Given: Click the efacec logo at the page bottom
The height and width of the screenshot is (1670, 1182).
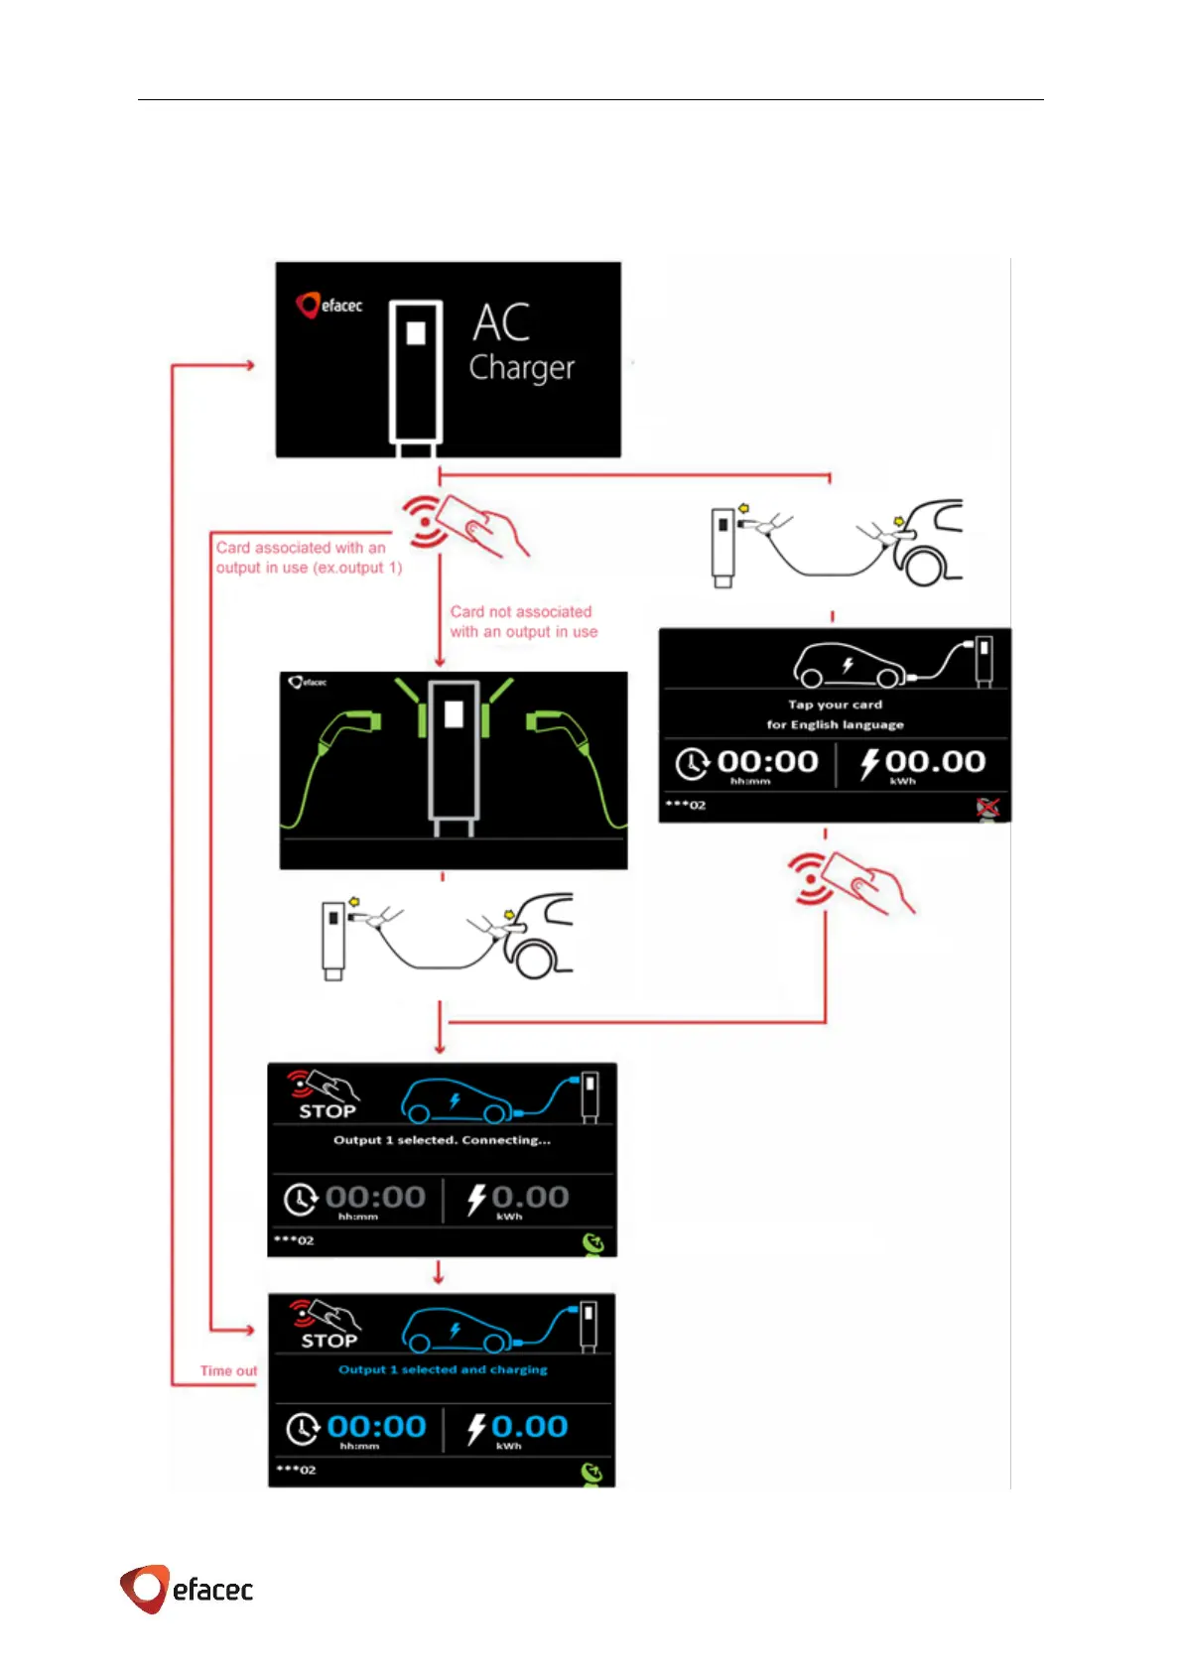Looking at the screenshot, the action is click(x=187, y=1589).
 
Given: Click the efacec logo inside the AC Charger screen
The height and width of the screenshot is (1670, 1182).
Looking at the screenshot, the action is click(x=329, y=306).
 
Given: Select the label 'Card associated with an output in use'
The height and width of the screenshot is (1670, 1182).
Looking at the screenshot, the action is click(x=309, y=558).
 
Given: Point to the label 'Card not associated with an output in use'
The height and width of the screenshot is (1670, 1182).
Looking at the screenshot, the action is click(x=523, y=622).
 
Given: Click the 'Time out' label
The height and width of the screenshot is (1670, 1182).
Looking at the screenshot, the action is click(x=228, y=1371).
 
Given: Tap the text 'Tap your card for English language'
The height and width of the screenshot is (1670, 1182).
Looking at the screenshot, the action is click(x=835, y=714).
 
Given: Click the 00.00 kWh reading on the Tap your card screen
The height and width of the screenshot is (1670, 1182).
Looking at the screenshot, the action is click(x=934, y=762).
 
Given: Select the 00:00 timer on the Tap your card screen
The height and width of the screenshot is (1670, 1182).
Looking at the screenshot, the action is click(x=766, y=762).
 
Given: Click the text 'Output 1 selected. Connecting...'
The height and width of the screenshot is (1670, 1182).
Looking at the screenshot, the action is click(x=442, y=1140).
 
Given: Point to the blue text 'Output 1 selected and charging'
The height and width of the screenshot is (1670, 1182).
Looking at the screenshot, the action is click(x=443, y=1369).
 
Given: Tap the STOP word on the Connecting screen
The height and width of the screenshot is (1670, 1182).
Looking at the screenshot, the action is click(x=328, y=1112).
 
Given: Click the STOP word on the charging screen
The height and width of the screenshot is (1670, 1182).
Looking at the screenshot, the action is click(x=328, y=1342).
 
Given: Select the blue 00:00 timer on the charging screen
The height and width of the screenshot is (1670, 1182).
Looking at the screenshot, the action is click(x=376, y=1427).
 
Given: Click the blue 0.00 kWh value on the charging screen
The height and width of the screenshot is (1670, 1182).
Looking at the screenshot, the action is click(x=529, y=1427).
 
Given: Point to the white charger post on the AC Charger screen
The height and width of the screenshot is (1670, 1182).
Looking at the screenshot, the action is click(x=415, y=372).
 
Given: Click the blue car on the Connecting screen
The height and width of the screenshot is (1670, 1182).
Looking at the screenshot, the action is click(x=457, y=1101).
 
